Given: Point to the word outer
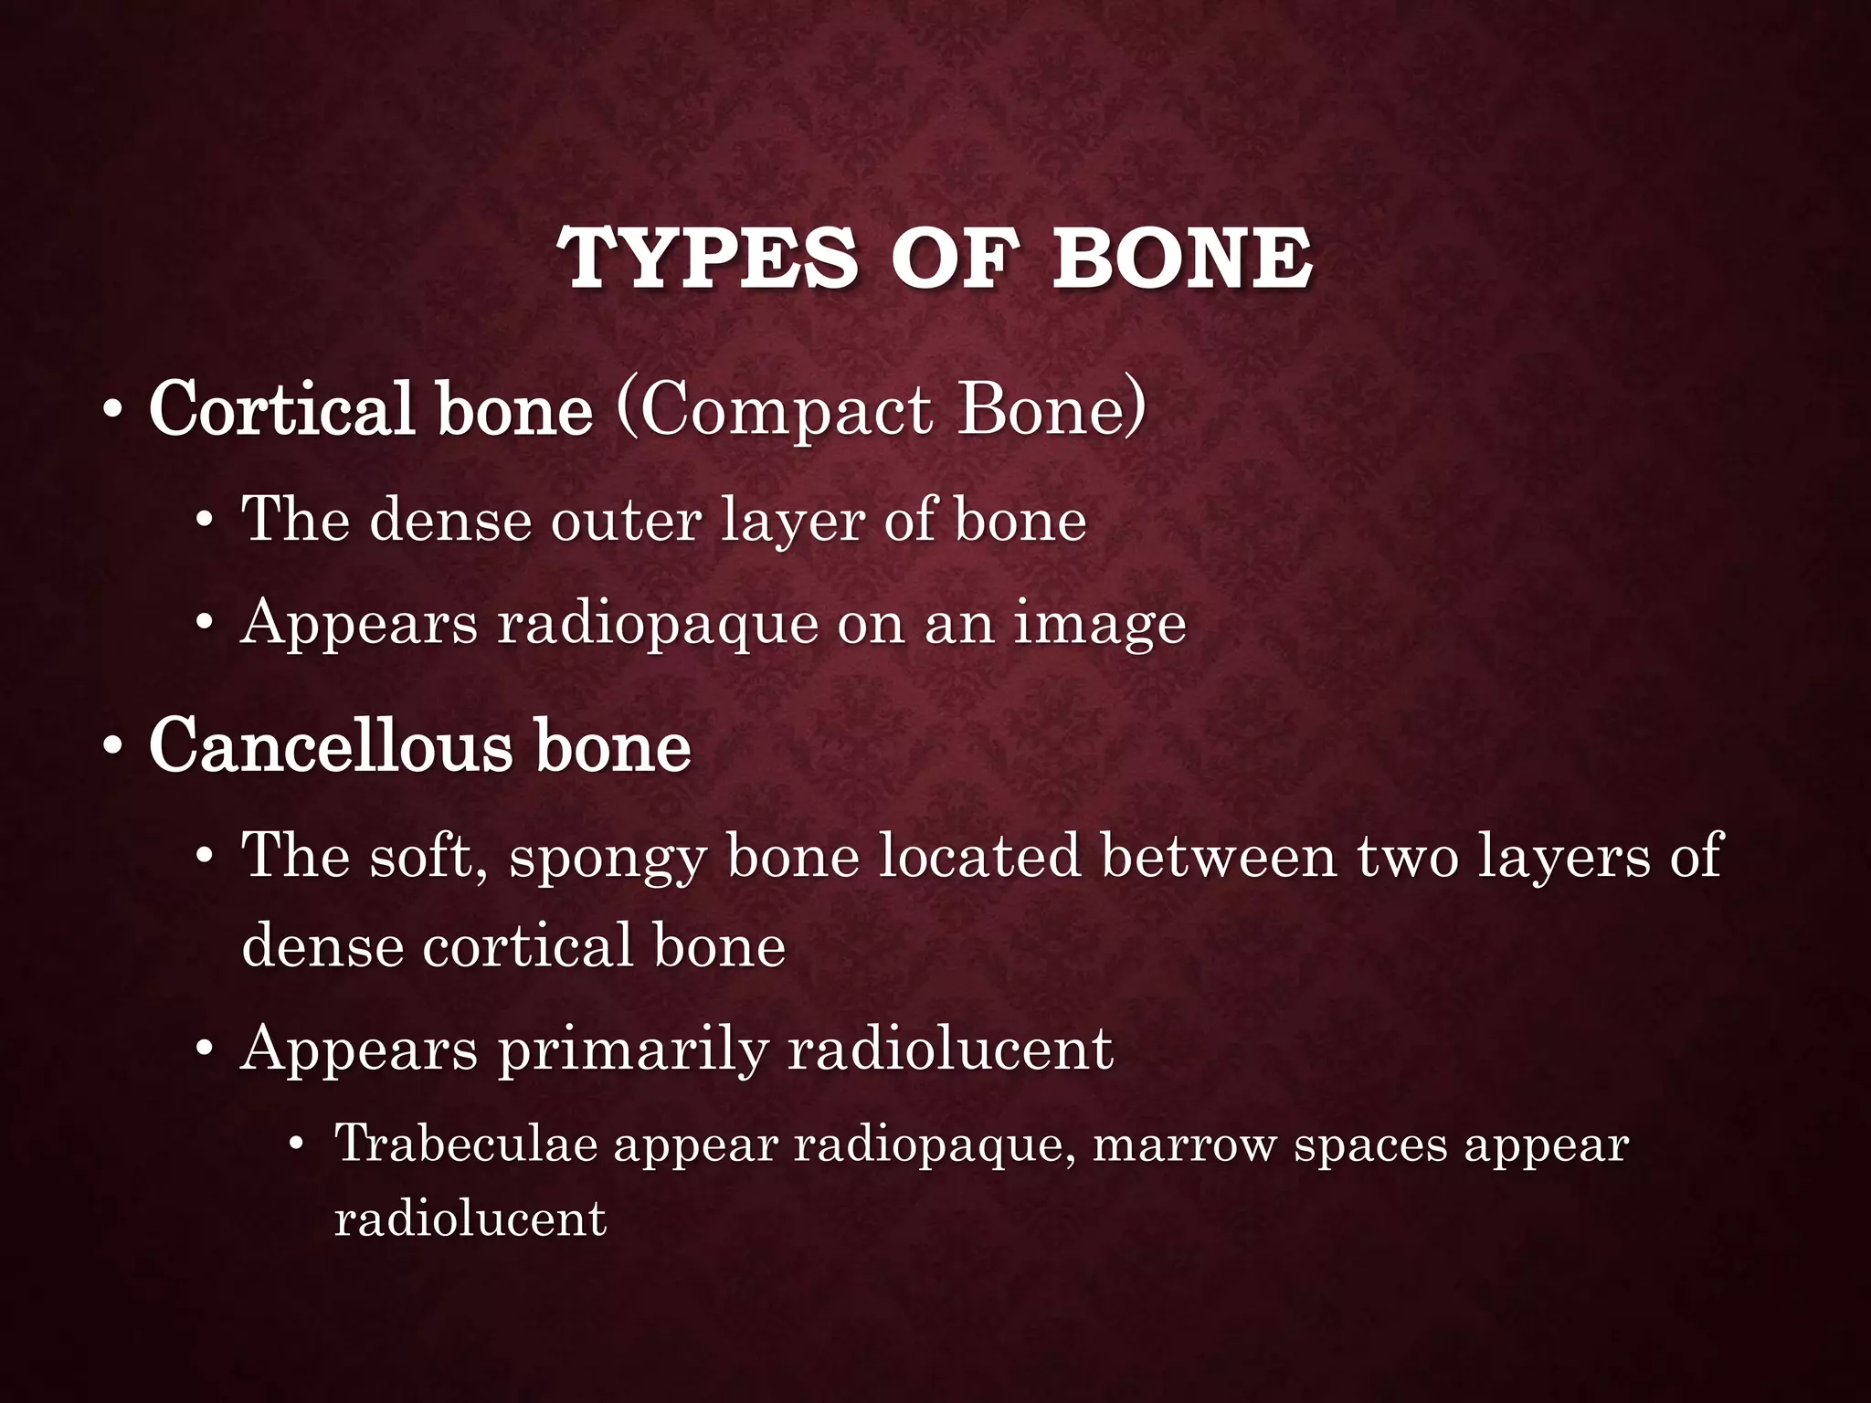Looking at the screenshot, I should click(x=626, y=521).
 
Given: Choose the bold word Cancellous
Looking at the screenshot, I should click(x=331, y=745).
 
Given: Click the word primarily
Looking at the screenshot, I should click(x=632, y=1050).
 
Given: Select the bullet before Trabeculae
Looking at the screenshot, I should click(x=295, y=1145).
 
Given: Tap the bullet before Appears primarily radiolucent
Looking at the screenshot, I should click(x=205, y=1050).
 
